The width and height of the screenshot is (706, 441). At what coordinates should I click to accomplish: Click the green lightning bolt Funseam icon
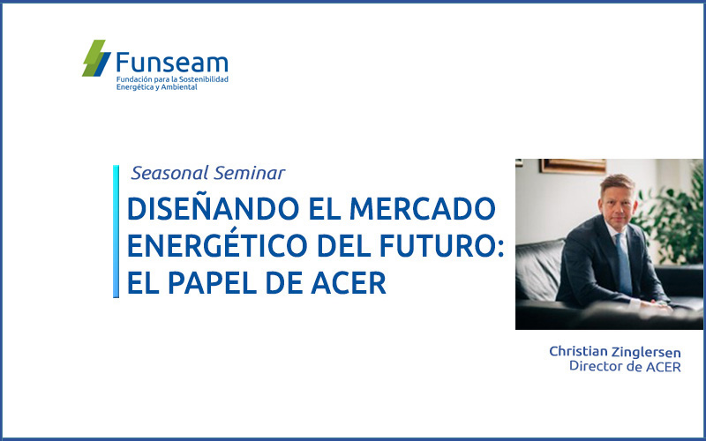96,58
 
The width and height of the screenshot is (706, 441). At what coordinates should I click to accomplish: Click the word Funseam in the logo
172,62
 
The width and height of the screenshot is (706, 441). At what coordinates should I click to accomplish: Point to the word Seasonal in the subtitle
169,173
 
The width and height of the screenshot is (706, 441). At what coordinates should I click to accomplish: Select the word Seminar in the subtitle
250,173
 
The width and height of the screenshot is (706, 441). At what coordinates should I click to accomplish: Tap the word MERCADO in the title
423,209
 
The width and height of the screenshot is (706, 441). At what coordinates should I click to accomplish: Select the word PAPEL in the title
211,283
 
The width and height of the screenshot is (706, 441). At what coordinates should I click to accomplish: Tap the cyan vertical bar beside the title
116,231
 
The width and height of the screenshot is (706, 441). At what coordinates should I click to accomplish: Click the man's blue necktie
624,263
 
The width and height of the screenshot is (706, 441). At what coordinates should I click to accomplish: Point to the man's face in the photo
618,204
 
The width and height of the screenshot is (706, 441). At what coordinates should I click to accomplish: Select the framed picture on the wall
573,166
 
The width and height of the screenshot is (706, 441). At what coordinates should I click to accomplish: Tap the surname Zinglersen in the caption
646,352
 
